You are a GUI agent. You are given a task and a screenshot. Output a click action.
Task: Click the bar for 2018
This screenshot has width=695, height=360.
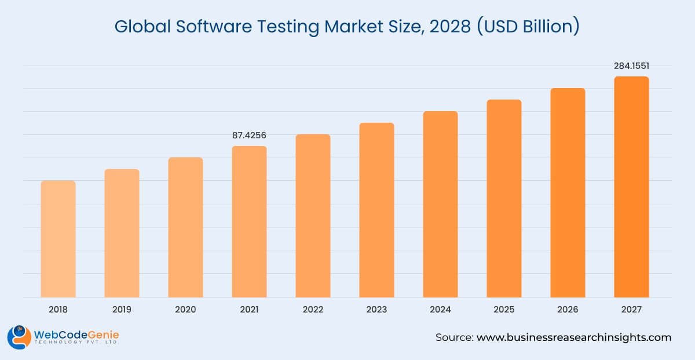pos(58,238)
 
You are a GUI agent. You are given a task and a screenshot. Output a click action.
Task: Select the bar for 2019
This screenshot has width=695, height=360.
pos(122,233)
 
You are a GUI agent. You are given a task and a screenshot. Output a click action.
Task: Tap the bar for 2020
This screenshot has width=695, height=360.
pos(185,227)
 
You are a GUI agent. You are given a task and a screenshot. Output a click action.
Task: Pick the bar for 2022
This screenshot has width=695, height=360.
pos(313,215)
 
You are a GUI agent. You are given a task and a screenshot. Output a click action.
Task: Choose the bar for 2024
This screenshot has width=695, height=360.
pos(440,204)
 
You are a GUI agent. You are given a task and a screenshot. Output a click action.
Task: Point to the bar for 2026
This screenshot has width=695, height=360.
pos(568,192)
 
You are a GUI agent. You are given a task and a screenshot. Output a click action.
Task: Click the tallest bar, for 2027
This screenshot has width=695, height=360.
pos(631,186)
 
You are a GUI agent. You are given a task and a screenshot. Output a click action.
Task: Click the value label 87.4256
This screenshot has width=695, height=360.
pos(249,135)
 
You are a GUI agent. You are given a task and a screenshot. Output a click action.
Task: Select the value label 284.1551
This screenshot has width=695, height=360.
pos(631,66)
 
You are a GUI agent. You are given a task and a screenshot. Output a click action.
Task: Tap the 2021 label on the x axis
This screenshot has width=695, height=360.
pos(249,310)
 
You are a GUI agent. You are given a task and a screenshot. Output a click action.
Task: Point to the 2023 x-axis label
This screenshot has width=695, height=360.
pos(376,310)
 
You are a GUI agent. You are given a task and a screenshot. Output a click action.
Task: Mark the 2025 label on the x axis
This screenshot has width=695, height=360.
pos(504,310)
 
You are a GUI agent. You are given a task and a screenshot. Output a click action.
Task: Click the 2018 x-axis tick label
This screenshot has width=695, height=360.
pos(58,310)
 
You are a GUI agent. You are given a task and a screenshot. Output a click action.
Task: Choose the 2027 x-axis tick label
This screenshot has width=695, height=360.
pos(631,310)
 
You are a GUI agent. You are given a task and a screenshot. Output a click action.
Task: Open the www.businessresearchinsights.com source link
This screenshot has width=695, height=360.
pos(573,337)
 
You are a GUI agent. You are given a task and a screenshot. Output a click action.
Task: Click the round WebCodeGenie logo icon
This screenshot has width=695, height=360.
pos(19,337)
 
